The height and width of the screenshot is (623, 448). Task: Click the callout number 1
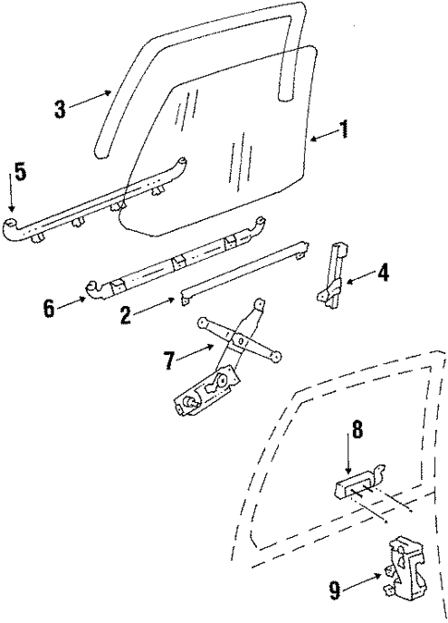tap(344, 128)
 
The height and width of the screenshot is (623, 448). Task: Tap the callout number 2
tap(126, 314)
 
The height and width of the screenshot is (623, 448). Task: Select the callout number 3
tap(60, 109)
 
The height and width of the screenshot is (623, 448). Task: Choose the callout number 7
tap(169, 360)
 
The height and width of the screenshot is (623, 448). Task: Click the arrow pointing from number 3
tap(92, 100)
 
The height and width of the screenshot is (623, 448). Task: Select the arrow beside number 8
tap(348, 457)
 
